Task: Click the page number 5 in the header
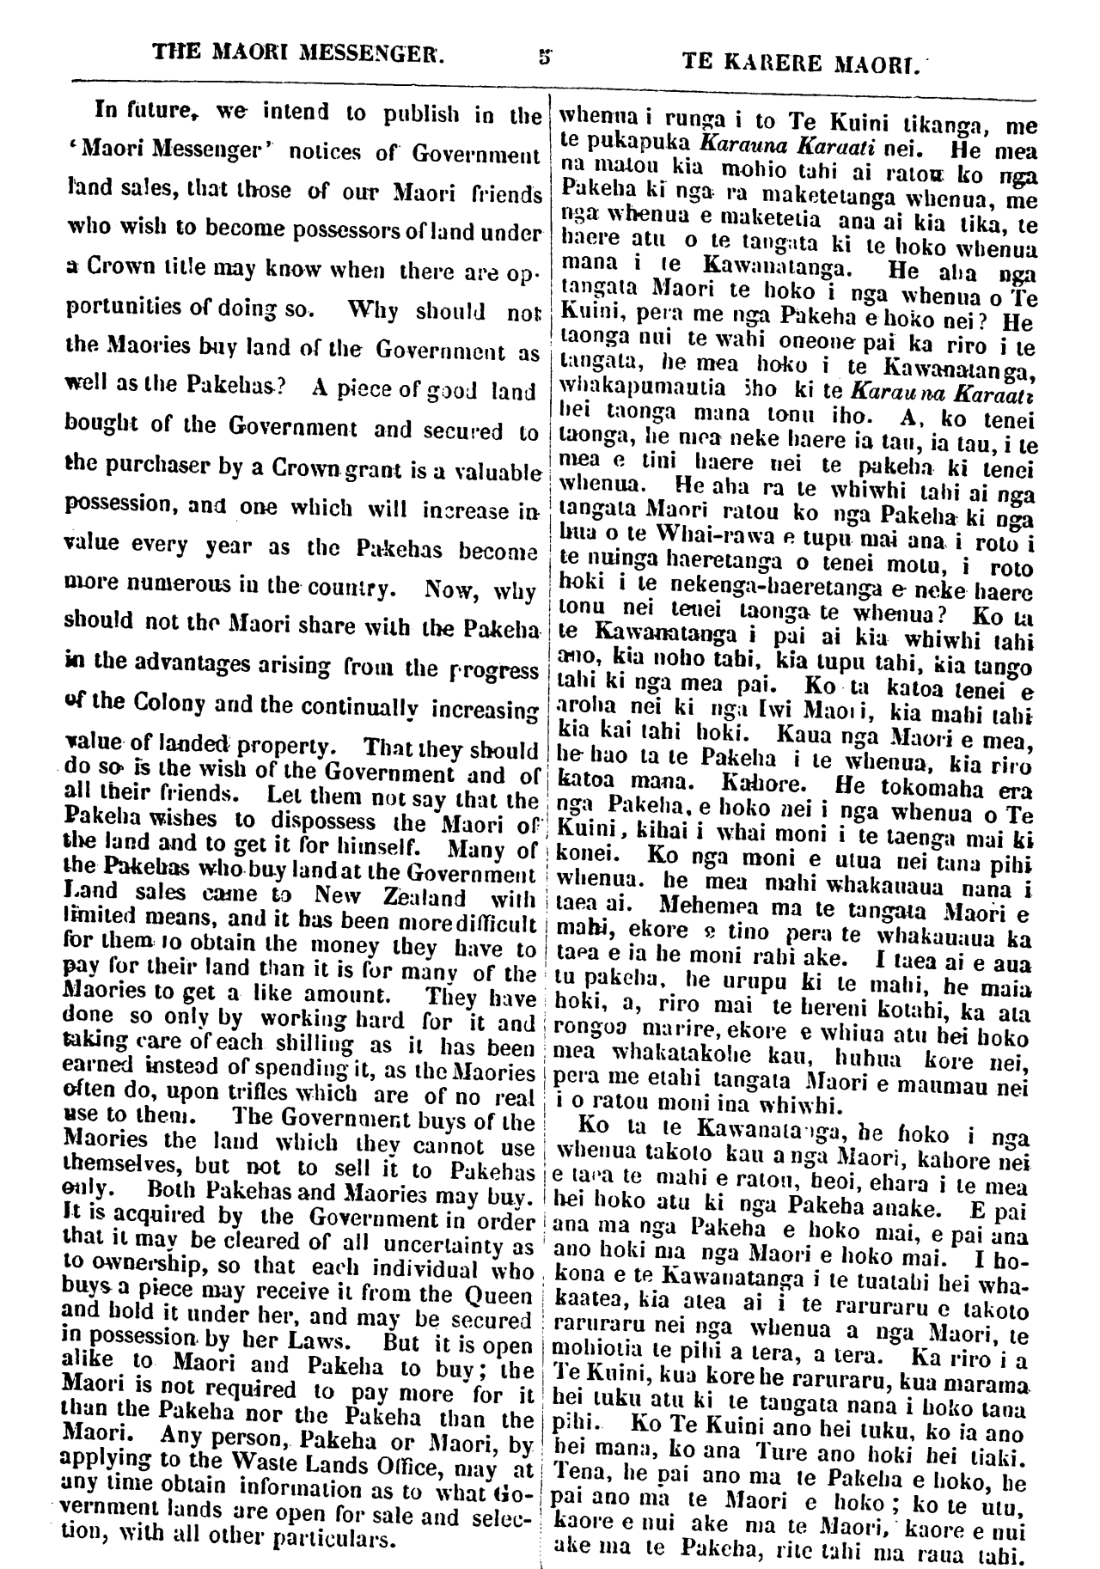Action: (543, 59)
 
